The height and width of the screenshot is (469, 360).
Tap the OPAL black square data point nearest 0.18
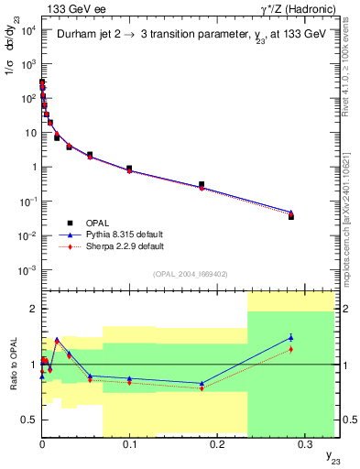pos(202,184)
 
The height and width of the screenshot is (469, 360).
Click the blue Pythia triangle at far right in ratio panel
pos(291,337)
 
